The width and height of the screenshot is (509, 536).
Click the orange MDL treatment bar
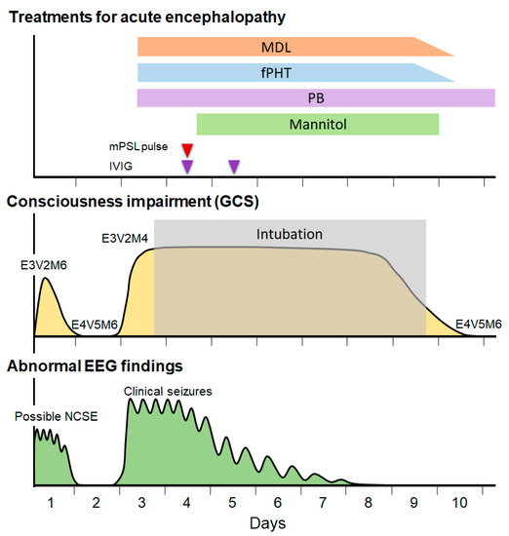pos(293,47)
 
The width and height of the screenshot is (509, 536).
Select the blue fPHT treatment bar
pos(293,72)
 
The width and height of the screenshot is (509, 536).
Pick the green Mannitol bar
pos(317,124)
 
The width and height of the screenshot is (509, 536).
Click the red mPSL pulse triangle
pos(187,149)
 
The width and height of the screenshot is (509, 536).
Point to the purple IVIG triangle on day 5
pos(233,167)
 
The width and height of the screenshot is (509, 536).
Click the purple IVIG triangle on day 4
pos(187,167)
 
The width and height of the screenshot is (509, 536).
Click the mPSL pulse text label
pos(137,148)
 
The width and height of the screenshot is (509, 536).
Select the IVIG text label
pos(121,167)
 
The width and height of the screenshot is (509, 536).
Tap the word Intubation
pos(289,235)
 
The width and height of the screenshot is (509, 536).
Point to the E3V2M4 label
pos(126,237)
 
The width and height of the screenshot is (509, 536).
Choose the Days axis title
pos(267,524)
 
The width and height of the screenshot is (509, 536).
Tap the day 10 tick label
pos(460,503)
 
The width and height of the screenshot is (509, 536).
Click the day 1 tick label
pos(50,503)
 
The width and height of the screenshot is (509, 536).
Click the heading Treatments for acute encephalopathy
pos(137,17)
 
